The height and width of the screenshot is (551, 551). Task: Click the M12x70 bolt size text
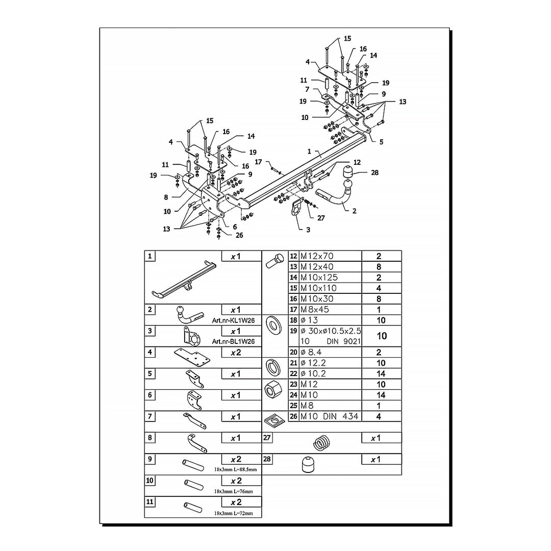point(319,256)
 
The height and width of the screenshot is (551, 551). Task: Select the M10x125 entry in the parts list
point(319,278)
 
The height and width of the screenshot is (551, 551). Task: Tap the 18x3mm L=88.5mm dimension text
point(236,469)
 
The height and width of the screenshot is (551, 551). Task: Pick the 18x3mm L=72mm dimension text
point(234,513)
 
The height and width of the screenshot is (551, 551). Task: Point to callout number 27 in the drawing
point(320,218)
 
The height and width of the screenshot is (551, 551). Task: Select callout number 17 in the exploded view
point(259,162)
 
